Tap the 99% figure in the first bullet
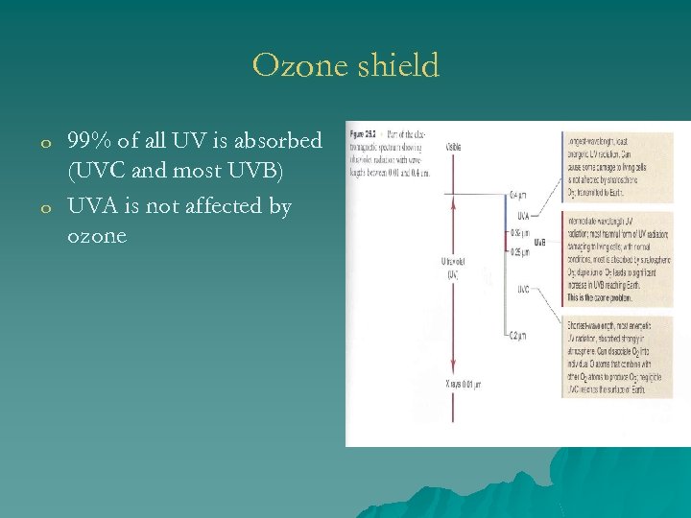tap(89, 141)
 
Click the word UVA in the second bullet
tap(91, 206)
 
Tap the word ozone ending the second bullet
tap(97, 236)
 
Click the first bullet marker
tap(45, 143)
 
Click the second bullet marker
tap(45, 208)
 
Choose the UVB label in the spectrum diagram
tap(540, 242)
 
